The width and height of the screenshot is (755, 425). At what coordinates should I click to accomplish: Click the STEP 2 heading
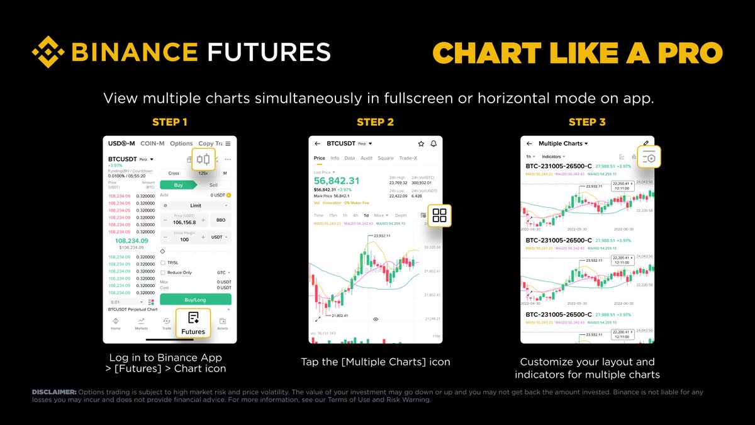pos(375,122)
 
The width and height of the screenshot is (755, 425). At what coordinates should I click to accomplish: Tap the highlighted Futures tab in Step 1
pos(193,324)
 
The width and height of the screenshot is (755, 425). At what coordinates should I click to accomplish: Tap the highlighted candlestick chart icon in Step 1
pos(203,159)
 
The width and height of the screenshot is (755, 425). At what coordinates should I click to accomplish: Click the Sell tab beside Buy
pos(213,185)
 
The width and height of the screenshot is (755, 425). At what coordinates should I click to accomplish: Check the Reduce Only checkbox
pos(164,273)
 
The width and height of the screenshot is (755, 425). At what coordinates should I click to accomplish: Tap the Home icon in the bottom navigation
pos(116,324)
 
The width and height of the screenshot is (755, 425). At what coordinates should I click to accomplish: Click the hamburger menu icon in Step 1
pos(228,144)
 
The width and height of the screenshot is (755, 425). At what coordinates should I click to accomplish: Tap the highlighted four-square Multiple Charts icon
pos(440,215)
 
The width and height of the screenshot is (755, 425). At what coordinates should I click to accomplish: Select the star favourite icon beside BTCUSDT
pos(421,144)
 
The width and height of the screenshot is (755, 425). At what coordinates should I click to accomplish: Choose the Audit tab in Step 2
pos(367,158)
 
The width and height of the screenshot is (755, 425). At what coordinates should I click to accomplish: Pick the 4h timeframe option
pos(355,215)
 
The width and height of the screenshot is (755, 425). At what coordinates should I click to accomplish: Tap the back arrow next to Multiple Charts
pos(529,144)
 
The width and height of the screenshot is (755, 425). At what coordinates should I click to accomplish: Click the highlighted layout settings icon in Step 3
pos(648,157)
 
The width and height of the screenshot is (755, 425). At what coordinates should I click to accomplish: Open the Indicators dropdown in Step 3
pos(553,156)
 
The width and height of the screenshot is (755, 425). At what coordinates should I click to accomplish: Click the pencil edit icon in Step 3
pos(645,144)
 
